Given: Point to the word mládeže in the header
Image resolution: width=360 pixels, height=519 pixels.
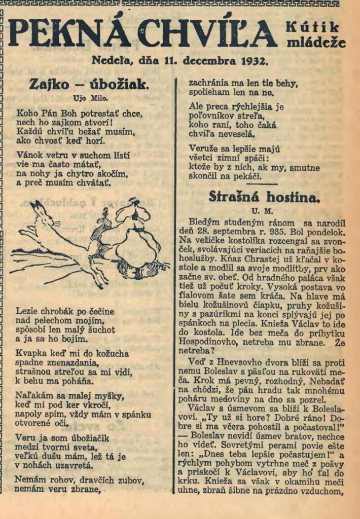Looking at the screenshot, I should point(316,43).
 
